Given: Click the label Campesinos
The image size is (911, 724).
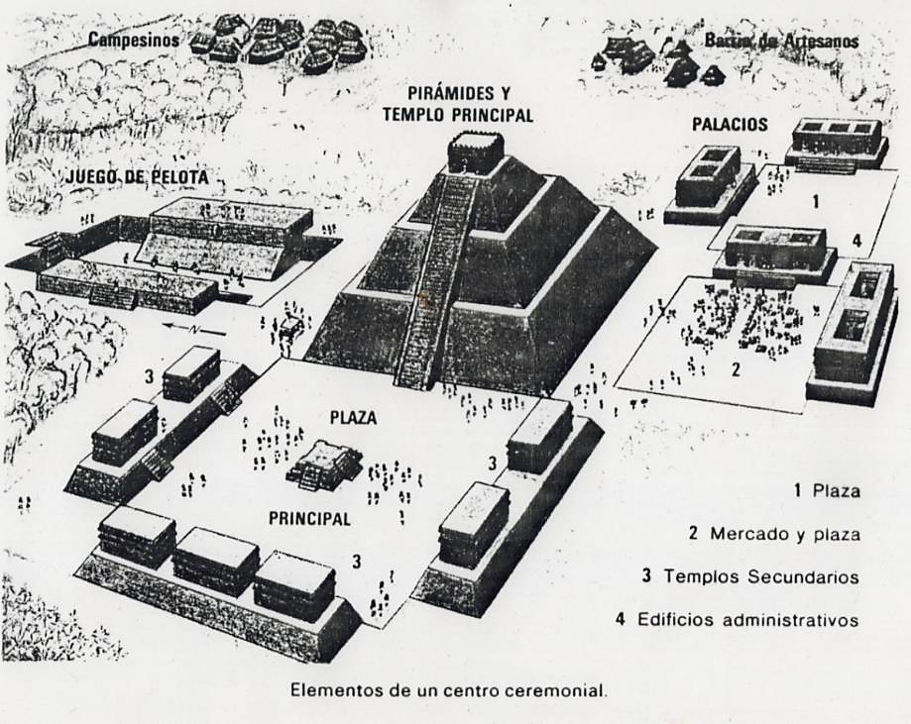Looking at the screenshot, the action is tap(134, 41).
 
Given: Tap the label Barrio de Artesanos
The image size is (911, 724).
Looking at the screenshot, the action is tap(781, 42).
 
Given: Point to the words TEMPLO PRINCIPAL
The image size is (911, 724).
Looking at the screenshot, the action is tap(457, 115).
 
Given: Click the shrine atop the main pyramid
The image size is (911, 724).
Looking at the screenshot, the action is tap(476, 153).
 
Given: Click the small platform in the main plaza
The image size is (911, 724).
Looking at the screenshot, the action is tap(324, 465).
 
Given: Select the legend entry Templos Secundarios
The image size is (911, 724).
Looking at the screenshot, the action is tap(749, 576).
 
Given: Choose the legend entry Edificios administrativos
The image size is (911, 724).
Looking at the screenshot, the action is tap(736, 621).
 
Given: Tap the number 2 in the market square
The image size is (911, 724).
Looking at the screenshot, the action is tap(735, 370).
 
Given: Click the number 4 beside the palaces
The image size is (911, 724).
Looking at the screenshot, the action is tap(855, 239).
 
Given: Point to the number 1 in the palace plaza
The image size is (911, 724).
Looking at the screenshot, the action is tap(815, 202).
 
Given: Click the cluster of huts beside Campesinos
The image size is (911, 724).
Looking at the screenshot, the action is tap(280, 42).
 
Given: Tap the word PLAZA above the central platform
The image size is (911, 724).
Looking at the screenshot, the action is tap(352, 418).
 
